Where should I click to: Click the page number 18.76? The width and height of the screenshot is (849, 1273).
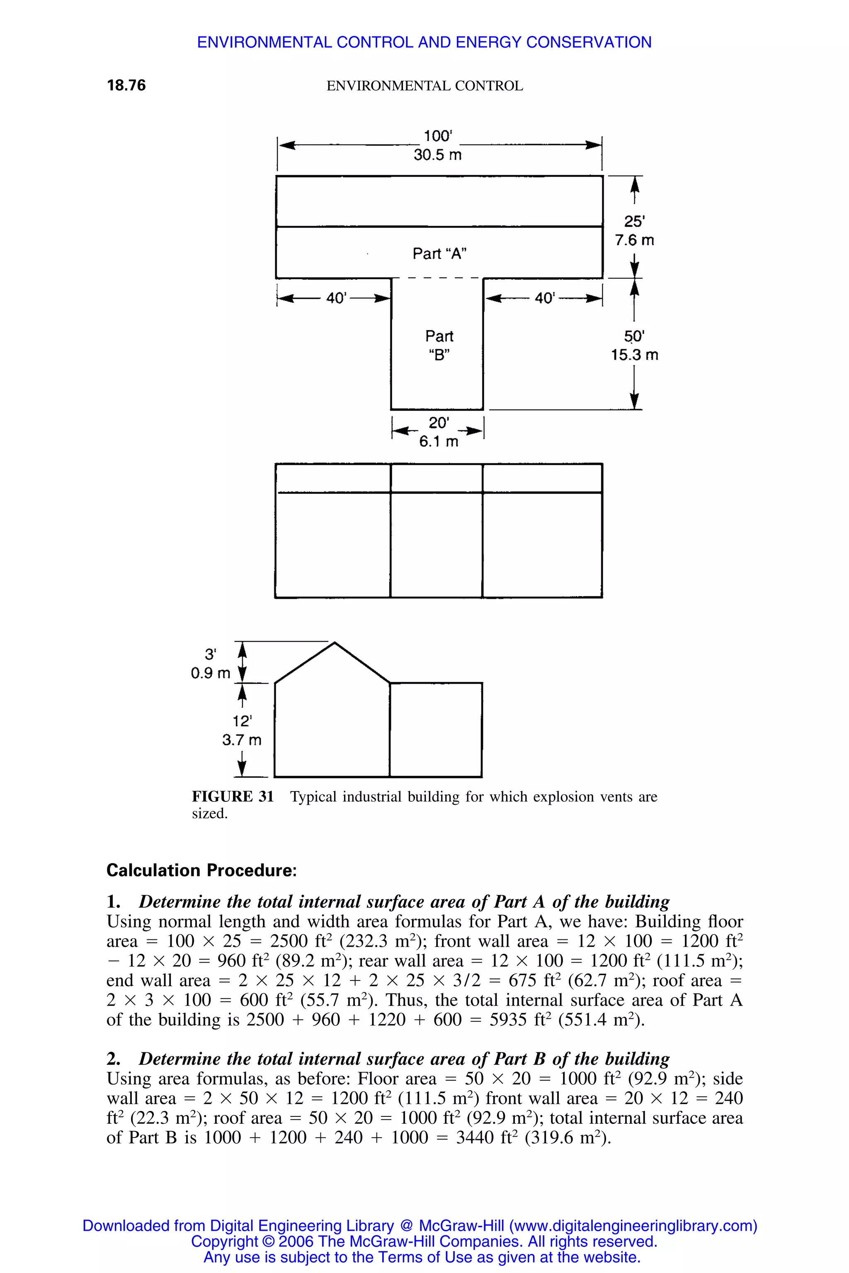coord(126,85)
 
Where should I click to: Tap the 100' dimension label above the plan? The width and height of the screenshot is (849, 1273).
coord(437,136)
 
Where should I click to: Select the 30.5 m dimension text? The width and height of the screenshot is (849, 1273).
coord(437,155)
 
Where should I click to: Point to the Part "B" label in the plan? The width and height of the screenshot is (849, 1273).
coord(439,345)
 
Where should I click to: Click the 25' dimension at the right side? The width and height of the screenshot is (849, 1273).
coord(634,221)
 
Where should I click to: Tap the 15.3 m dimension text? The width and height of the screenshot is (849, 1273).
coord(635,355)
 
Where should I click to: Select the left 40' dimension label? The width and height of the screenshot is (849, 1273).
coord(336,298)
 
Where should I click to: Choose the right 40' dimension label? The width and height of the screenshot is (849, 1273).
coord(545,298)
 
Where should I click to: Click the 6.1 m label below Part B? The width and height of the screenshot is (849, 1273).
coord(438,442)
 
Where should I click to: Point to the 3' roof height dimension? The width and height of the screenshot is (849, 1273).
coord(210,654)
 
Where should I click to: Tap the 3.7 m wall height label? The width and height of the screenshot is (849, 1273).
coord(242,740)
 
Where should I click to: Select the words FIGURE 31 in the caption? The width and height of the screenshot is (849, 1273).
coord(233,797)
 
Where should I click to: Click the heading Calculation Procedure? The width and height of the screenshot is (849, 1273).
coord(201,870)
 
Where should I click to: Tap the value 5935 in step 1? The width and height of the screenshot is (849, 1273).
coord(508,1020)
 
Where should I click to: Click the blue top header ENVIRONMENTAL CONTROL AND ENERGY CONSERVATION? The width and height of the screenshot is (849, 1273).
coord(424,42)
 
